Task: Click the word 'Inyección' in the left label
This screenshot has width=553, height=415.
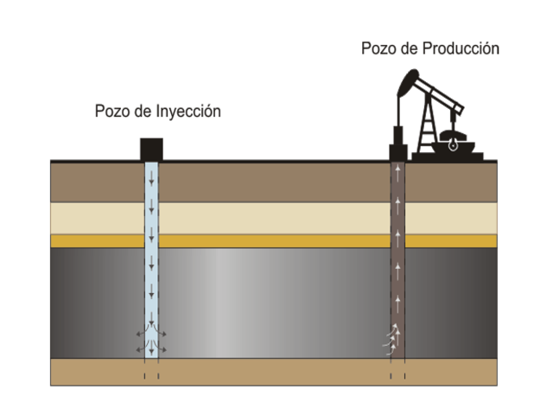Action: (x=188, y=112)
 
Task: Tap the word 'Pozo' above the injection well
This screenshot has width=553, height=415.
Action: (x=113, y=112)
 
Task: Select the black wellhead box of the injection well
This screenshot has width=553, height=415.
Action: (x=152, y=149)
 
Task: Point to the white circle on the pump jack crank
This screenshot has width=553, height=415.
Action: (x=452, y=146)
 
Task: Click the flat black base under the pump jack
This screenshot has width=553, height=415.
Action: (x=448, y=157)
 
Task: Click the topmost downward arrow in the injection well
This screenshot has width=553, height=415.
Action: (x=152, y=178)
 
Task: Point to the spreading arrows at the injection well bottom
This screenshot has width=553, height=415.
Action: (x=152, y=342)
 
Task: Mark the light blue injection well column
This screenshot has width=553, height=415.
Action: (x=152, y=259)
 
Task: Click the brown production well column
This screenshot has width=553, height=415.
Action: (x=397, y=259)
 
